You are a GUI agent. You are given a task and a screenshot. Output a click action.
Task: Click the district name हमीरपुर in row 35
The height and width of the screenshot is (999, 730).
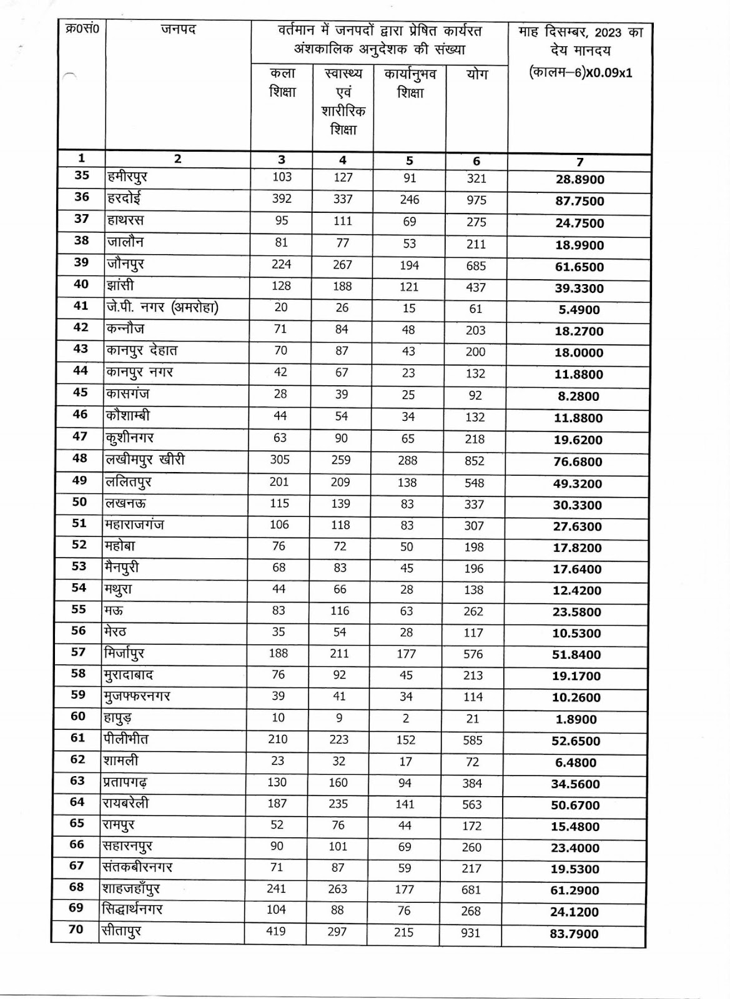[127, 178]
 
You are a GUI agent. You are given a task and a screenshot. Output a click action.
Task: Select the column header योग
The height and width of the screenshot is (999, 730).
[476, 74]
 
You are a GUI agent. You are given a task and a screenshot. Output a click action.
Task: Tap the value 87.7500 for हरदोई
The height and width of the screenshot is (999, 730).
[580, 201]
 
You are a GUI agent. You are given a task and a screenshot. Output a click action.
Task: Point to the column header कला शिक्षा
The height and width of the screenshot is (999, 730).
[282, 82]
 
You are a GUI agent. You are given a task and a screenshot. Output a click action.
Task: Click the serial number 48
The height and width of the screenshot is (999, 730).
[80, 458]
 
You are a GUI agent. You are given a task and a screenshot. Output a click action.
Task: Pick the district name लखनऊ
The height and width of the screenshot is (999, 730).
[125, 503]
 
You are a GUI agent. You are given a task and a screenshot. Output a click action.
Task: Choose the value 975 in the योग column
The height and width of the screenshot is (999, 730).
[476, 200]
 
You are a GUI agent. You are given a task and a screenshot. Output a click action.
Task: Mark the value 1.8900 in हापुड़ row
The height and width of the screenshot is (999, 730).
[576, 719]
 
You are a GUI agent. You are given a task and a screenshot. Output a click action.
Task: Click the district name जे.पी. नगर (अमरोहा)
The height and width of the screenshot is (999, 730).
[162, 308]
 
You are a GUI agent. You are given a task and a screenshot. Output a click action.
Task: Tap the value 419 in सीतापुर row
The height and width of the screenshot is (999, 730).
[275, 932]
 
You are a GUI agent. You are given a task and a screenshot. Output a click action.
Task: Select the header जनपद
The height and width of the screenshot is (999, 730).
[178, 29]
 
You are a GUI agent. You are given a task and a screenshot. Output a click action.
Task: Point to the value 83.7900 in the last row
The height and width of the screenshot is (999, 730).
[575, 934]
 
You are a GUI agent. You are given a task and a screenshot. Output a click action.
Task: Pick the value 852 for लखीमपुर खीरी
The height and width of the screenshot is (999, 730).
[475, 461]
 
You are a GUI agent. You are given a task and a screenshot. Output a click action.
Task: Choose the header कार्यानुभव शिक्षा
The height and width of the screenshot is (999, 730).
[410, 83]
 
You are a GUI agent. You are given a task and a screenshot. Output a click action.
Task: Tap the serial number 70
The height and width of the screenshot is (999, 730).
[76, 929]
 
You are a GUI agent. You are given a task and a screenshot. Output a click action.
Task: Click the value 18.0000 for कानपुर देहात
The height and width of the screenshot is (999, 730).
[579, 353]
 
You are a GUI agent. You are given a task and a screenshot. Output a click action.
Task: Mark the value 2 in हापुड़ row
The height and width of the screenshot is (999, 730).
[405, 719]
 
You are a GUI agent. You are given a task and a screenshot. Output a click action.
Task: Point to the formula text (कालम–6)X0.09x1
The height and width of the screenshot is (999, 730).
[580, 72]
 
